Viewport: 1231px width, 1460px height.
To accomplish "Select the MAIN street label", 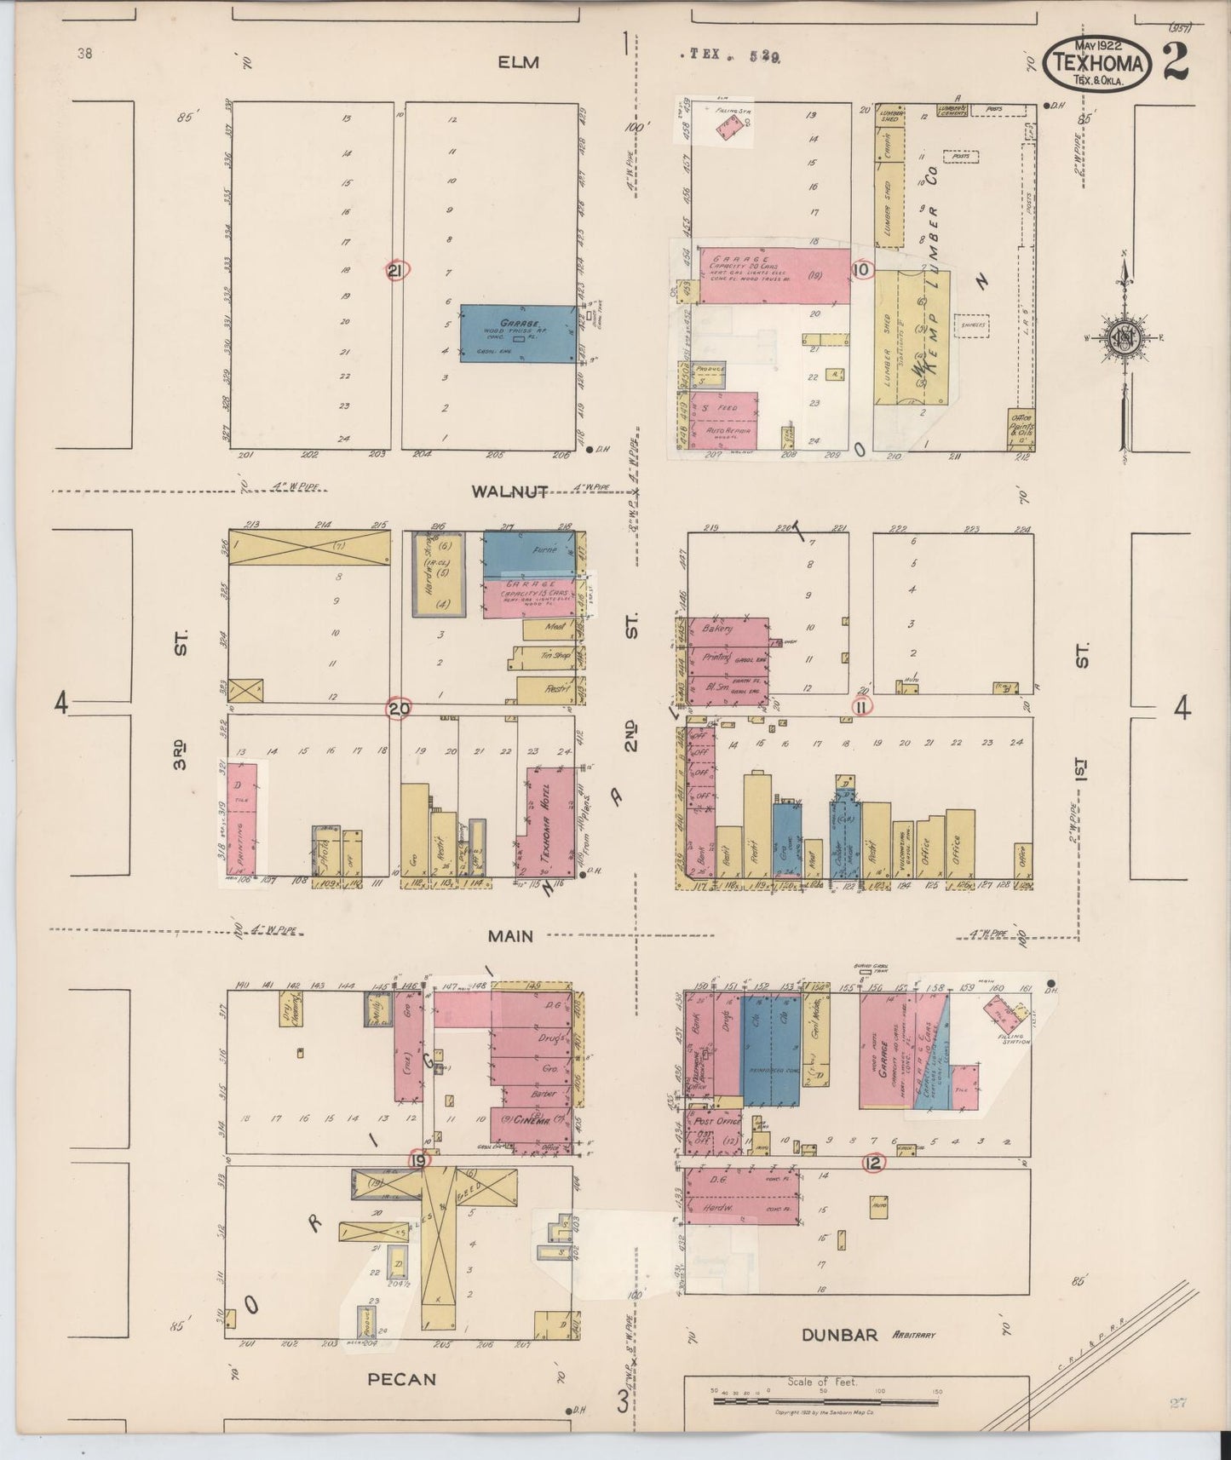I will click(510, 935).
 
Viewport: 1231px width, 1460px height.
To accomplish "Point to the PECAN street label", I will click(403, 1378).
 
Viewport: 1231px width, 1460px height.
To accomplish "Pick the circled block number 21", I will click(397, 271).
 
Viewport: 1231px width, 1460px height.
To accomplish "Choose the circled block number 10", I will click(862, 270).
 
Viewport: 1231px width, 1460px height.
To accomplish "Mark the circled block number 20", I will click(398, 708).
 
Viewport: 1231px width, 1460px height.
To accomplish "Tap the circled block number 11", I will click(862, 706).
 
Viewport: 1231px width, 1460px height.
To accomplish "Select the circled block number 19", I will click(419, 1160).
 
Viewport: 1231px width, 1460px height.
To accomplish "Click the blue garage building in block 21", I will click(517, 333).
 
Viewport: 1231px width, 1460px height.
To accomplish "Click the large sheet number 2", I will click(1174, 61).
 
